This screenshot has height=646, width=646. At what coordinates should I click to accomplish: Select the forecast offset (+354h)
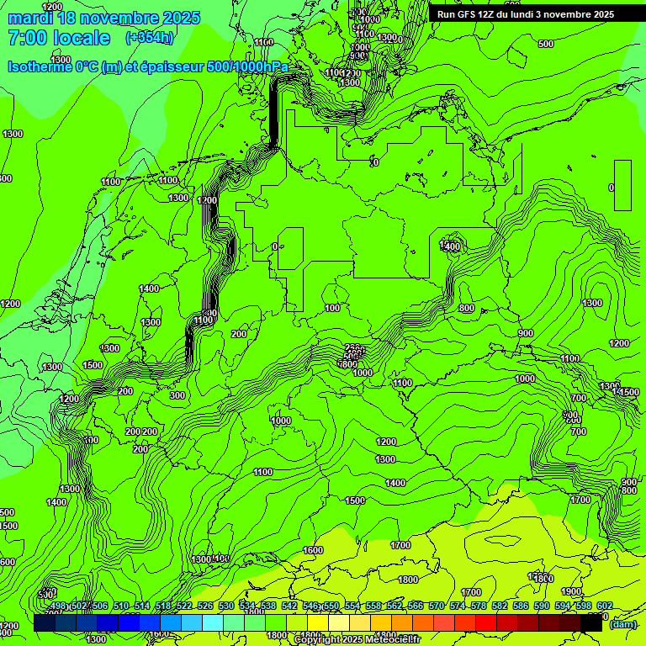[150, 38]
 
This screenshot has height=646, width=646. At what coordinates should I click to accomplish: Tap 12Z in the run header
[490, 14]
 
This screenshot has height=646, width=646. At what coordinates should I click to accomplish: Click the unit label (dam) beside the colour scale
[622, 623]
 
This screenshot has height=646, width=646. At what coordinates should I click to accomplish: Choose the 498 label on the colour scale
[58, 606]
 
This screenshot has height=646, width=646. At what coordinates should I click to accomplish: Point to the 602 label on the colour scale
[604, 606]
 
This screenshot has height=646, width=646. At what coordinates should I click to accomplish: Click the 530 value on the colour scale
[226, 606]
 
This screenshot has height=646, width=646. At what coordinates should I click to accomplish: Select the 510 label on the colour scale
[121, 606]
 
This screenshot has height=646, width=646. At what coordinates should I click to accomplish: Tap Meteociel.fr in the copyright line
[389, 640]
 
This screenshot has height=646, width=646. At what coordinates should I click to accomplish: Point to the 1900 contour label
[571, 591]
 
